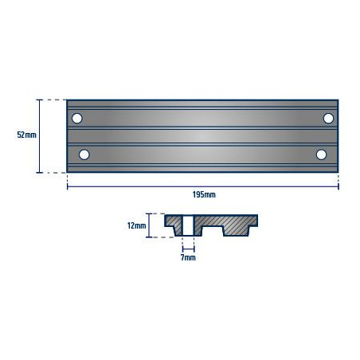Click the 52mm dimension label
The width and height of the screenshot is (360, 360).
tap(26, 135)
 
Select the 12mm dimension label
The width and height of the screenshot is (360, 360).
tap(136, 226)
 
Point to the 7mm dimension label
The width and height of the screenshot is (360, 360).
tap(188, 257)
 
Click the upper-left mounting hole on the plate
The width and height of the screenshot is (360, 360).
tap(77, 119)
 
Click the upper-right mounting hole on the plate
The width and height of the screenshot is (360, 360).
tap(327, 119)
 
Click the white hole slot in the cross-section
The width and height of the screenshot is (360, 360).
tap(188, 225)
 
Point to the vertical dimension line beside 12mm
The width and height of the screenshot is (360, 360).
tap(149, 226)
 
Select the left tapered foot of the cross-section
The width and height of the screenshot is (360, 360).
tap(175, 231)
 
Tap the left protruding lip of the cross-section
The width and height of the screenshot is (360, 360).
tap(168, 219)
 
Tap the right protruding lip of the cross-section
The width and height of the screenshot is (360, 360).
tap(254, 219)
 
